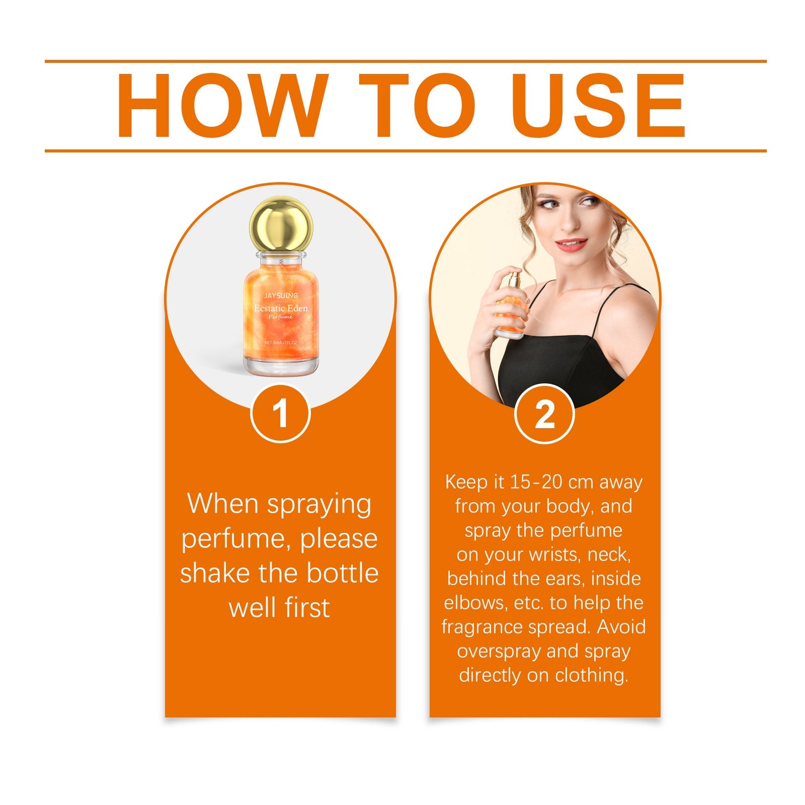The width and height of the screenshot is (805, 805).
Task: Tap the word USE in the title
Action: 598,106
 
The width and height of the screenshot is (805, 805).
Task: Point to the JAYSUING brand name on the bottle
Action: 281,295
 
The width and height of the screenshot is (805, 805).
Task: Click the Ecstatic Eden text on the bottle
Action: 281,308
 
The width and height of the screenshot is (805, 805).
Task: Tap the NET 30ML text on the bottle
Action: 281,342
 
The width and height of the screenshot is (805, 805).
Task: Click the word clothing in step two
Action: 592,675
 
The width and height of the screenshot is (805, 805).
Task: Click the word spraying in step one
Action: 319,505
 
